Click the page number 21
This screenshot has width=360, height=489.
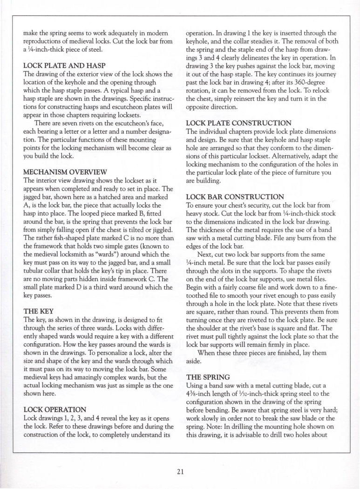180,471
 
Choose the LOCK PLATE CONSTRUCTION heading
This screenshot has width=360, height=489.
239,123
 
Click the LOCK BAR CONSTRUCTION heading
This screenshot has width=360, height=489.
235,197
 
